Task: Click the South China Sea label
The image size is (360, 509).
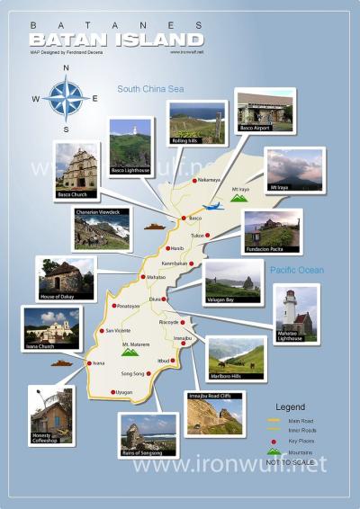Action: (x=149, y=88)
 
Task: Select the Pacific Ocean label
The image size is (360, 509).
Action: (x=296, y=270)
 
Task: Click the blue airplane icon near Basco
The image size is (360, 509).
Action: (x=212, y=207)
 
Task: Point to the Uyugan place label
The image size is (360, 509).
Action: (x=124, y=392)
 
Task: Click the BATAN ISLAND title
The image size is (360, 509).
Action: (x=115, y=40)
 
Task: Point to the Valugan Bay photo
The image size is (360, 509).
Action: (x=232, y=281)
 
